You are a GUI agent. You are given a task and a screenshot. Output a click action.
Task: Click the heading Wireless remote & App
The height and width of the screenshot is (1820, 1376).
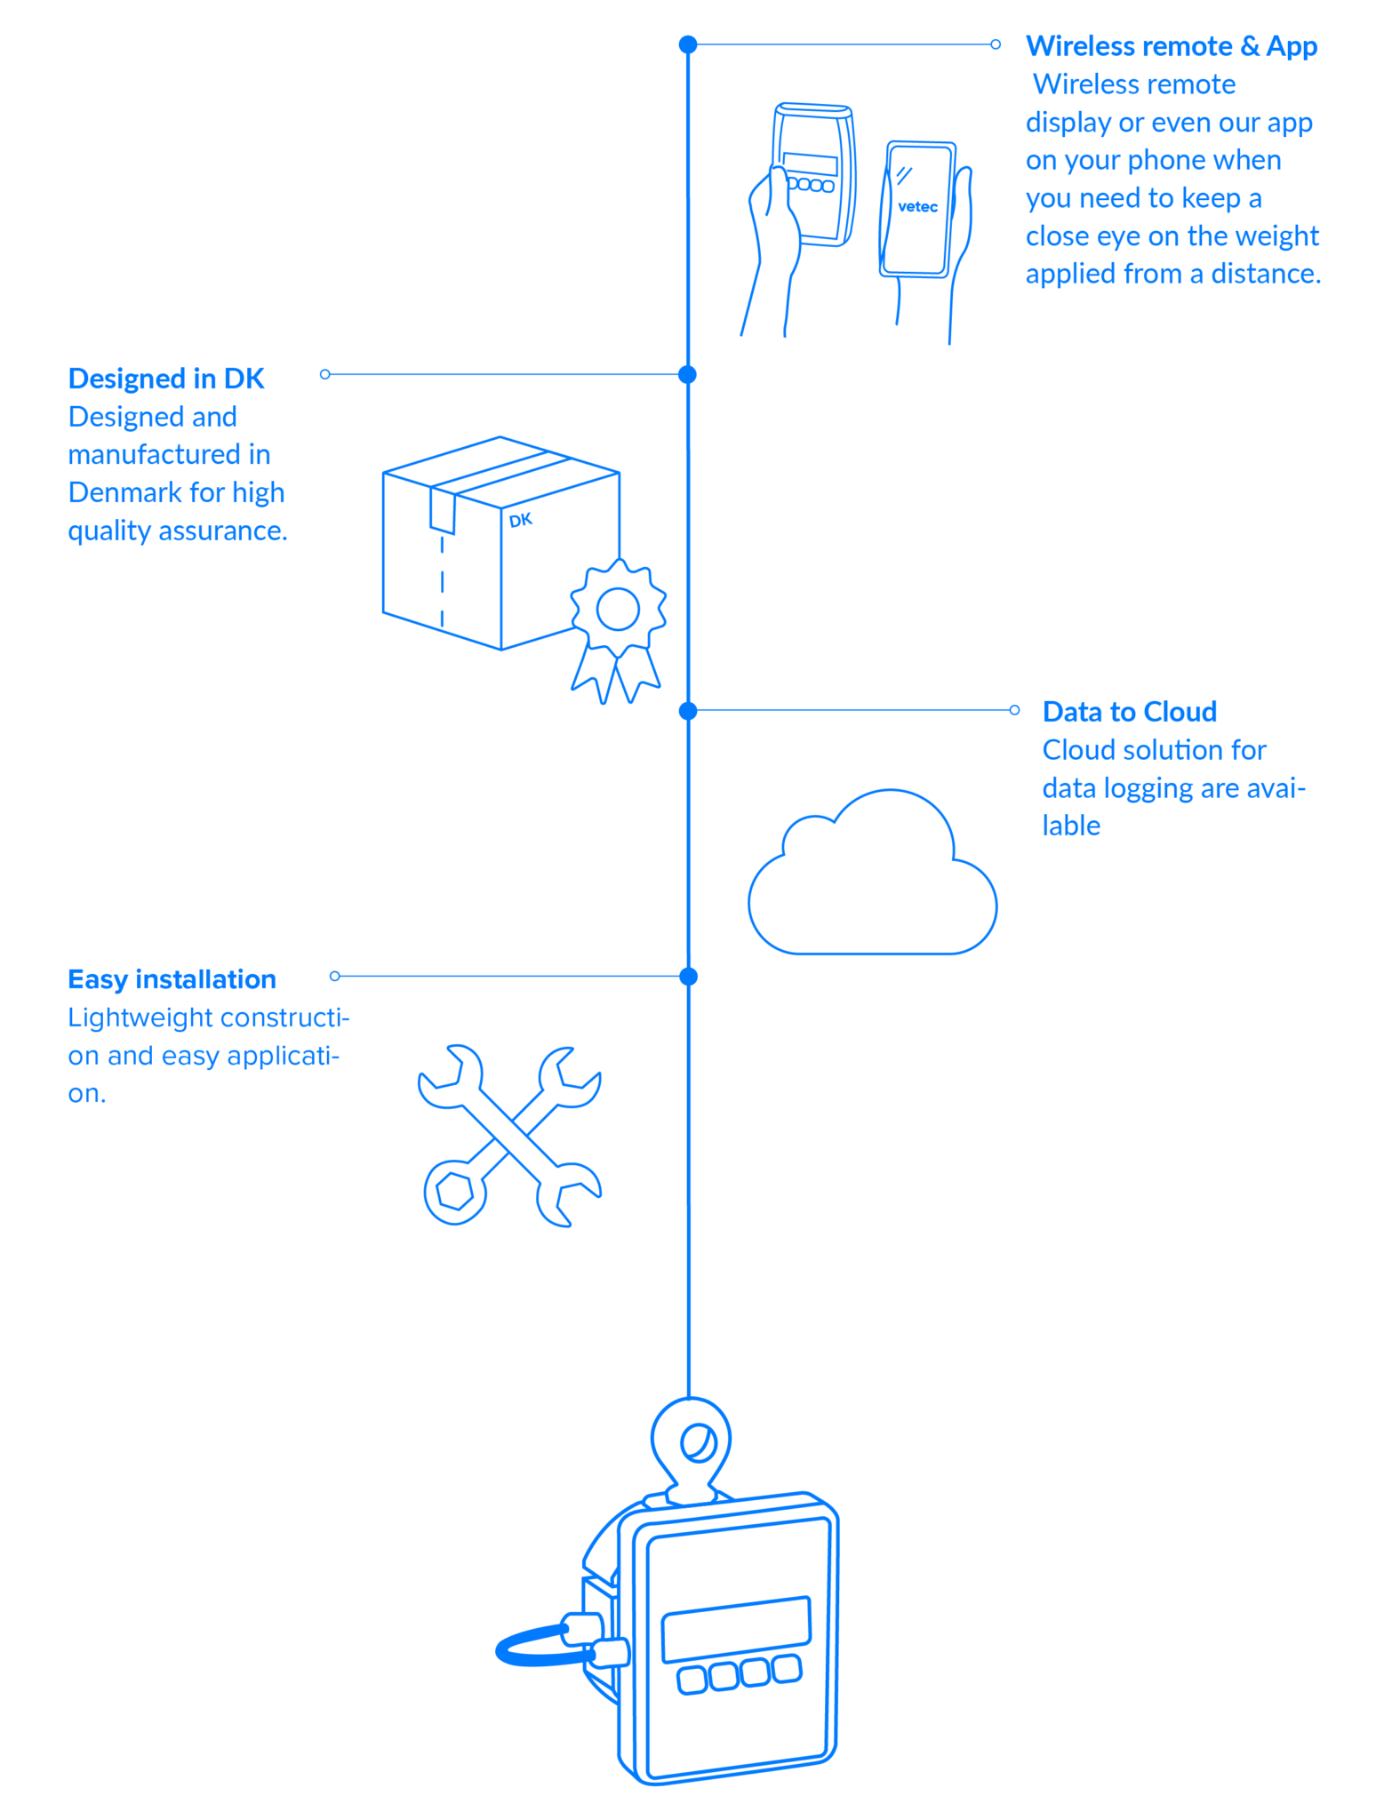pos(1171,46)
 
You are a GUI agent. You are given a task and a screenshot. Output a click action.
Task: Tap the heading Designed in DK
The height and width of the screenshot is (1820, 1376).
pos(166,379)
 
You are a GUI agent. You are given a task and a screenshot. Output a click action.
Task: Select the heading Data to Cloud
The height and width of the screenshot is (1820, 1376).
pos(1129,712)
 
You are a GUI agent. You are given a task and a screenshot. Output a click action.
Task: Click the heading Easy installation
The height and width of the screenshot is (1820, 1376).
pos(172,979)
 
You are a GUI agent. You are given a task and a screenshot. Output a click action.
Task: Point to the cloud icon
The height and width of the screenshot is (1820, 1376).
pos(872,880)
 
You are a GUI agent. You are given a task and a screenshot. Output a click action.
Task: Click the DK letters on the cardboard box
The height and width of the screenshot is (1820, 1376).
pos(521,520)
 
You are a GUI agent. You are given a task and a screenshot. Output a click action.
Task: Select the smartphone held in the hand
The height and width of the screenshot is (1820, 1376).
pos(918,209)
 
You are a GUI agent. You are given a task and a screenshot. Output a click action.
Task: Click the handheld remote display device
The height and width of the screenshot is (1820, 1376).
pos(812,173)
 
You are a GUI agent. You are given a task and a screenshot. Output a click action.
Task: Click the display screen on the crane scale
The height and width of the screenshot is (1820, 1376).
pos(736,1628)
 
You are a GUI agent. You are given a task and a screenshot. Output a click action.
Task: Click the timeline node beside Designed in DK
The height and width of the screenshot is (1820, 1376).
pos(687,375)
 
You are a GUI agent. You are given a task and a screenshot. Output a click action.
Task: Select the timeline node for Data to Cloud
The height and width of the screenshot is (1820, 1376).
pos(688,711)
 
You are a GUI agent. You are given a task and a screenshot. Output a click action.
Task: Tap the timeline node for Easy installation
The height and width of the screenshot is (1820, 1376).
pos(688,977)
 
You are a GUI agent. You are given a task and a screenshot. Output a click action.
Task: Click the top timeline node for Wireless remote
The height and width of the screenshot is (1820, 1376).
pos(688,44)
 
